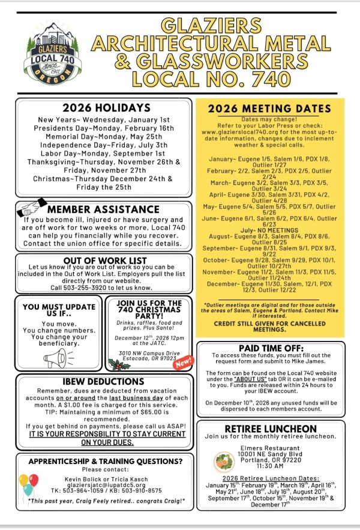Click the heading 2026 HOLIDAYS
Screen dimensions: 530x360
[106, 108]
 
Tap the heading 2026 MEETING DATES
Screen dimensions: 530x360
[269, 109]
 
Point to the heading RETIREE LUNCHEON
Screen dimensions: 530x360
[270, 429]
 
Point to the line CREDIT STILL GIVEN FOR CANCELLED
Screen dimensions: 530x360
[269, 322]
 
